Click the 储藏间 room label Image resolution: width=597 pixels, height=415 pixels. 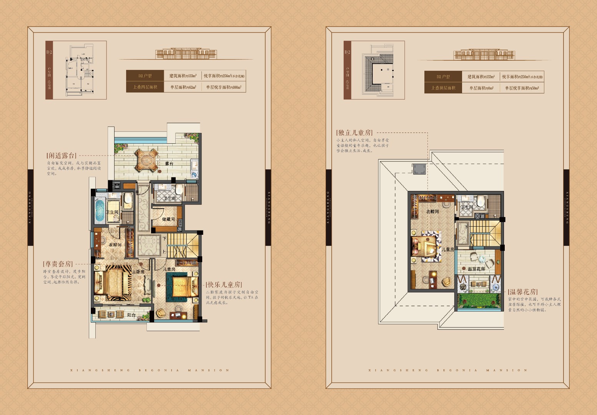click(168, 219)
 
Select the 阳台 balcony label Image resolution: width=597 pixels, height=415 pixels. click(131, 315)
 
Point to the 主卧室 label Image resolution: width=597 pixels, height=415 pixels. click(138, 272)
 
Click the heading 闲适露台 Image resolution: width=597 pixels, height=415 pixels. click(62, 156)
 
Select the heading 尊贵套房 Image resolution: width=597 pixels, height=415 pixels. click(58, 264)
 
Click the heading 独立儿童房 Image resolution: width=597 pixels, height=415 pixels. click(354, 133)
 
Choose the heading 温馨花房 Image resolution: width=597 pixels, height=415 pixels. click(523, 292)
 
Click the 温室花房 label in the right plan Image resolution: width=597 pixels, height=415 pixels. click(476, 269)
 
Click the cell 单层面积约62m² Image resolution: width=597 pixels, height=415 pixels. click(183, 87)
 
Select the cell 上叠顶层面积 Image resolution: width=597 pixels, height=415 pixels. click(443, 88)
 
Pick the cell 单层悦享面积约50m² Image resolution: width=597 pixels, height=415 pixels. click(522, 88)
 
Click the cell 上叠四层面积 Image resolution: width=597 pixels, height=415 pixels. click(145, 87)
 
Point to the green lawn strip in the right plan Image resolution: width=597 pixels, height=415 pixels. click(479, 301)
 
